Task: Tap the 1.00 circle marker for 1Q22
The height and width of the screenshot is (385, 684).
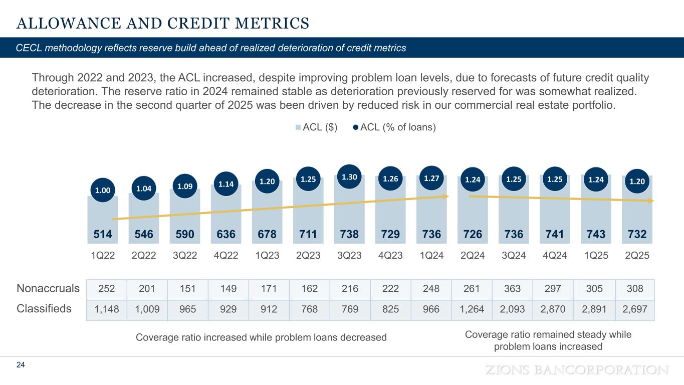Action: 103,190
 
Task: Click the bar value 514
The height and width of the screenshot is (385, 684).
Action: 103,234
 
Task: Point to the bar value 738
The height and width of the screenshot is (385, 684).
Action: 349,234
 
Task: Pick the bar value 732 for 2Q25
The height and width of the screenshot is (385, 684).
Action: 637,234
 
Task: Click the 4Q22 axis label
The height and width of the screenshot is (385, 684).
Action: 226,255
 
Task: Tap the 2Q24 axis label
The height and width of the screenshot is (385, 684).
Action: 473,255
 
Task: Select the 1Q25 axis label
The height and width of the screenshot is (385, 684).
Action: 596,255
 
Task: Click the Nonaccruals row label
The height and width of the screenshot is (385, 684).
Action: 48,288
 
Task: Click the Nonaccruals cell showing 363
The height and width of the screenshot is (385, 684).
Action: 514,289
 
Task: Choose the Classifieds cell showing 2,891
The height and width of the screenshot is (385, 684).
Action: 596,309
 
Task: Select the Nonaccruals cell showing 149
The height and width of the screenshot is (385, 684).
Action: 226,289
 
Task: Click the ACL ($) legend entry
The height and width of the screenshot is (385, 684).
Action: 317,127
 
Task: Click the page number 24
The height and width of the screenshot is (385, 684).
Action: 21,365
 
